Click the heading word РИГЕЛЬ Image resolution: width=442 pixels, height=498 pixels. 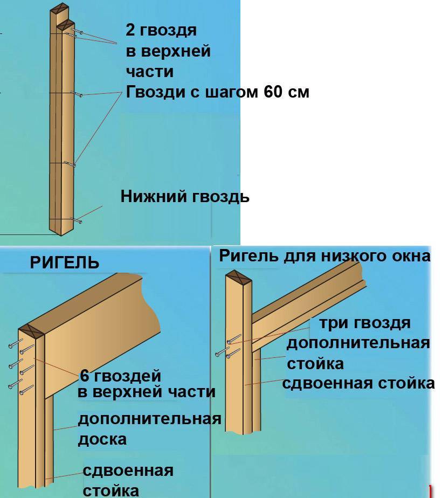[x=65, y=263]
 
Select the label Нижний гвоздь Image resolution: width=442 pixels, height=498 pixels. [x=185, y=196]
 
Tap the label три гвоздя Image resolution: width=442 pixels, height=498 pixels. [x=365, y=323]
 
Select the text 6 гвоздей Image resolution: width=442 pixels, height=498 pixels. [x=121, y=376]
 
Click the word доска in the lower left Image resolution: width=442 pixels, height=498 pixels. [x=102, y=439]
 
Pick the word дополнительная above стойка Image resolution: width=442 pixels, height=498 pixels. [x=358, y=343]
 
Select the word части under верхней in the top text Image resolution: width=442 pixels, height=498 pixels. [x=150, y=71]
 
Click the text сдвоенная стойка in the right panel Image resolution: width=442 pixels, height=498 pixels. [x=358, y=383]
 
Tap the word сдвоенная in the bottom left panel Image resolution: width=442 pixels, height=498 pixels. [x=128, y=471]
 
